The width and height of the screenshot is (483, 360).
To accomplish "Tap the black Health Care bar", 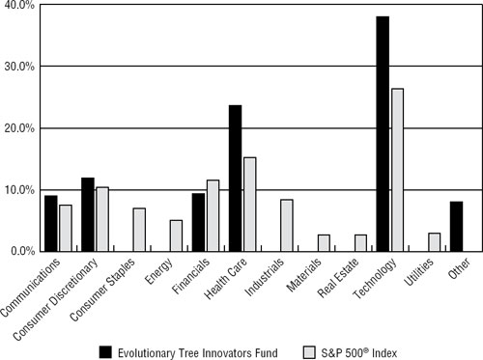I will coord(235,179).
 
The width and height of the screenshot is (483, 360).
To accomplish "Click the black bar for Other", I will coord(456,227).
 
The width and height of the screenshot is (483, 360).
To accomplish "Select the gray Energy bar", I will coord(176,235).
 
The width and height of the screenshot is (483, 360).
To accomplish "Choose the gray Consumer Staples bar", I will coord(139,230).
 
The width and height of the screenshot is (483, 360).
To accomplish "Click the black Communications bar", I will coord(51,223).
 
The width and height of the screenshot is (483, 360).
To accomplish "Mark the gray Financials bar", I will coord(213,215).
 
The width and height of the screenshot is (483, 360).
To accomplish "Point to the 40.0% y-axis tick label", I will coord(19,7).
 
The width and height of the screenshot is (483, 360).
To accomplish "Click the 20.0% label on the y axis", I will coord(19,128).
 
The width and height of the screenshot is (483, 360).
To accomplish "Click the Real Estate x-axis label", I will coord(344,275).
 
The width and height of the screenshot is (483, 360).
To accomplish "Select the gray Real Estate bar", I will coord(360,242).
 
